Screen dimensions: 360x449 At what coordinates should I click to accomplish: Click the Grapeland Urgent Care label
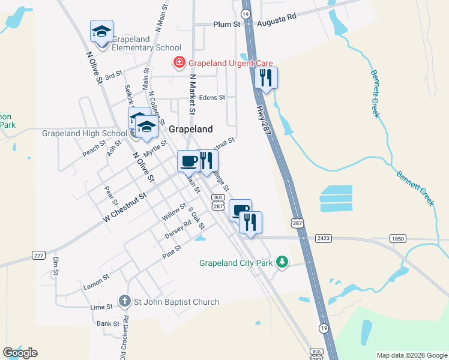coord(231,62)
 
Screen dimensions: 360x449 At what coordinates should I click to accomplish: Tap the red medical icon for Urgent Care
coord(178,62)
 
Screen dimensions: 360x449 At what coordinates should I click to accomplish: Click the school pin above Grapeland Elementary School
coord(101,31)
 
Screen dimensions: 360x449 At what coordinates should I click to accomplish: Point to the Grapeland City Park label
coord(236,263)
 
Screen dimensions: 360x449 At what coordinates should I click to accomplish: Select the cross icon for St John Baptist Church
coord(124,301)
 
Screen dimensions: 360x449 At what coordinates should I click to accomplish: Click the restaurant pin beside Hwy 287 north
coord(265,78)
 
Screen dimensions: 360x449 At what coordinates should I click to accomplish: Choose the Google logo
coord(20,352)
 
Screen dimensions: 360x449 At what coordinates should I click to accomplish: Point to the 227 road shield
coord(39,256)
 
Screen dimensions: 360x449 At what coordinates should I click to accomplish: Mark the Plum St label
coord(227,25)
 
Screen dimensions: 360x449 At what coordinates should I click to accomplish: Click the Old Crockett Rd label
coord(123,338)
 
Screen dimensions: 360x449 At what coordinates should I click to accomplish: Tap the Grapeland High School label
coord(84,133)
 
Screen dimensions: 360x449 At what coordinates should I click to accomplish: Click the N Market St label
coord(192,94)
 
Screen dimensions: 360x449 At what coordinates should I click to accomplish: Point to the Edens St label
coord(212,97)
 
